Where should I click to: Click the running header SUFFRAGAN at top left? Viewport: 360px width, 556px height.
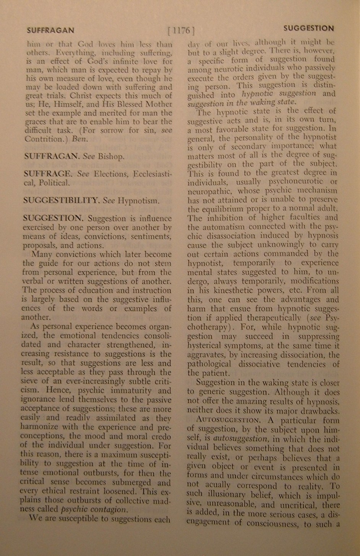(50, 30)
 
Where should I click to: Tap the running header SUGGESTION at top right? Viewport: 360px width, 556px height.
(308, 29)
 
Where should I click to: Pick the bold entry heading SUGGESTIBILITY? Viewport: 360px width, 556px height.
(61, 200)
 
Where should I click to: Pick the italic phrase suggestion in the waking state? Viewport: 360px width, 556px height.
(241, 102)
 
